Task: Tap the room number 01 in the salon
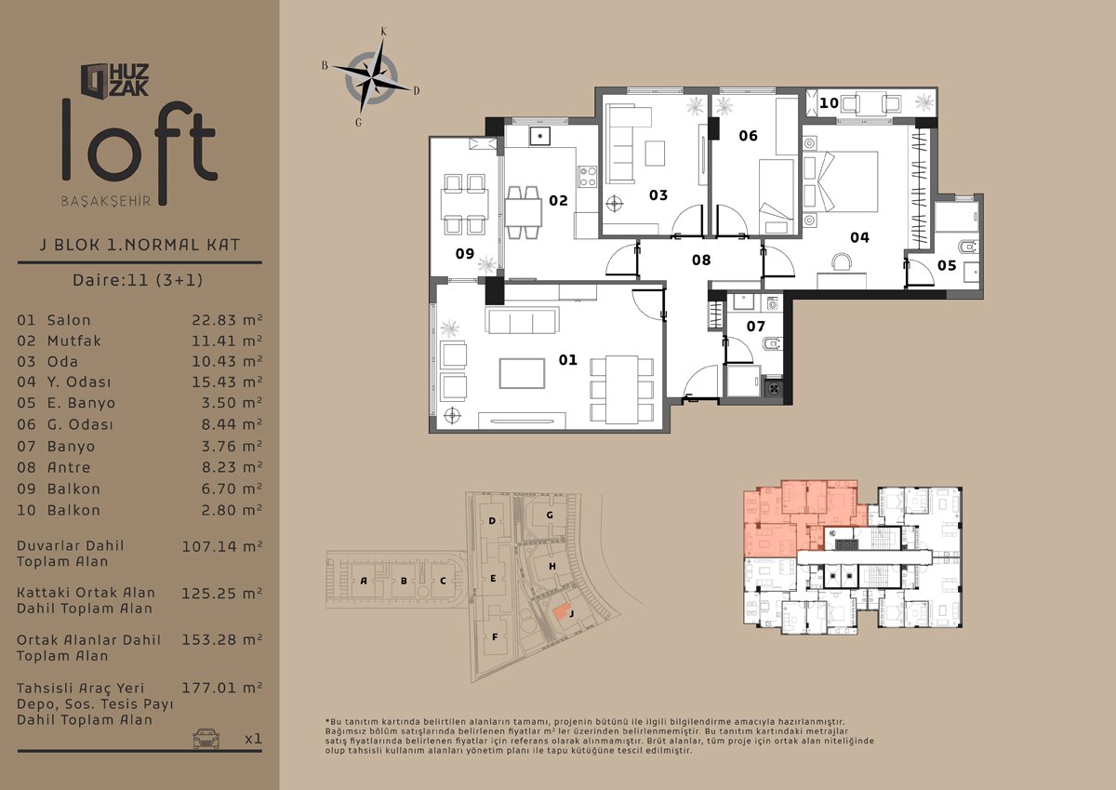tap(567, 360)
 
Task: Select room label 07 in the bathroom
tap(755, 327)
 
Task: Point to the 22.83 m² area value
tap(227, 320)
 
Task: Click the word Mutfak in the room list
tap(74, 341)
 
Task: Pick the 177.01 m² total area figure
tap(222, 688)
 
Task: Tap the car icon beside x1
tap(206, 739)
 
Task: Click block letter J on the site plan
tap(571, 613)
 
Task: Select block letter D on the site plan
tap(492, 521)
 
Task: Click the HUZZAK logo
tap(115, 80)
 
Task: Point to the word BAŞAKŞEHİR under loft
tap(106, 201)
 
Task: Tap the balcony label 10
tap(829, 103)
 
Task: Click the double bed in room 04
tap(841, 182)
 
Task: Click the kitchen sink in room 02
tap(539, 136)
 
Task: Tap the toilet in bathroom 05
tap(969, 247)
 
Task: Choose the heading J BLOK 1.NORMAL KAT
tap(140, 245)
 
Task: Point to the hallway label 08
tap(701, 260)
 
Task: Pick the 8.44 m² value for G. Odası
tap(232, 424)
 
